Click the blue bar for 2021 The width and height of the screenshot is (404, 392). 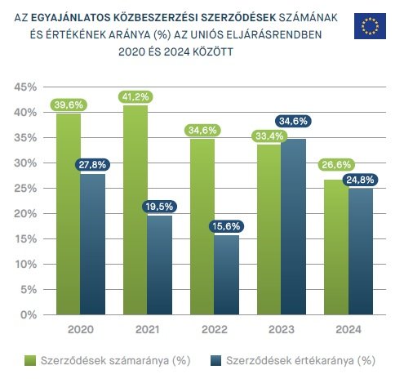(160, 265)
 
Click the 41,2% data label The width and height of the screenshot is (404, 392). (135, 97)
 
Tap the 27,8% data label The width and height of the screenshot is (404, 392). (93, 165)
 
